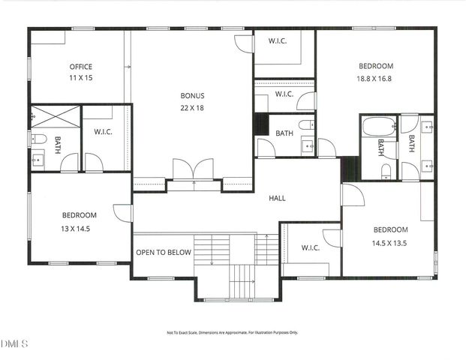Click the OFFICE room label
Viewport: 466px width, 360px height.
(80, 67)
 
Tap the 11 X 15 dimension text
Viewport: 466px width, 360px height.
(80, 78)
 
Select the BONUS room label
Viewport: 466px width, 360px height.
(192, 96)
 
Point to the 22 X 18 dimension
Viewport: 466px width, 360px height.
(192, 107)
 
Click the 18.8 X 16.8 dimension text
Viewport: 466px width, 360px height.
(374, 78)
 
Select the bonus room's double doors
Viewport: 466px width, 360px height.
(193, 169)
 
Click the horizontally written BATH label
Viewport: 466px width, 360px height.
(284, 133)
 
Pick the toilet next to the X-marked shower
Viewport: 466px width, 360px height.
(38, 139)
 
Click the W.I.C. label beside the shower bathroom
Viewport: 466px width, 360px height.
(104, 133)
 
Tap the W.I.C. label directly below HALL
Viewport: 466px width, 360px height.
(311, 247)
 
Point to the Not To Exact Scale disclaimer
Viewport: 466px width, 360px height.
(232, 332)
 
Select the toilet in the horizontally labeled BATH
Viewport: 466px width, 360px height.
(306, 124)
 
